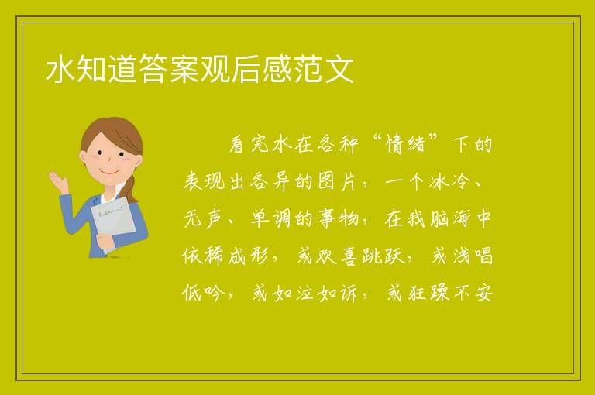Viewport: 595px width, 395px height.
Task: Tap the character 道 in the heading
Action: pos(123,69)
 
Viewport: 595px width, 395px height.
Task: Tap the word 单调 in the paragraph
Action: pos(271,219)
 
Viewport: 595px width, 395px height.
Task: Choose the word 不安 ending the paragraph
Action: pos(473,293)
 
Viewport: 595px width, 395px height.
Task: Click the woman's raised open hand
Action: pos(58,180)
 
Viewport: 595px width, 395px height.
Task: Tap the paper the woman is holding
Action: pos(112,220)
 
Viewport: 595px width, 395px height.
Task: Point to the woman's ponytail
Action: pos(131,188)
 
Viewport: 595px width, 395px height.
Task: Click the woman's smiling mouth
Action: pos(109,172)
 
